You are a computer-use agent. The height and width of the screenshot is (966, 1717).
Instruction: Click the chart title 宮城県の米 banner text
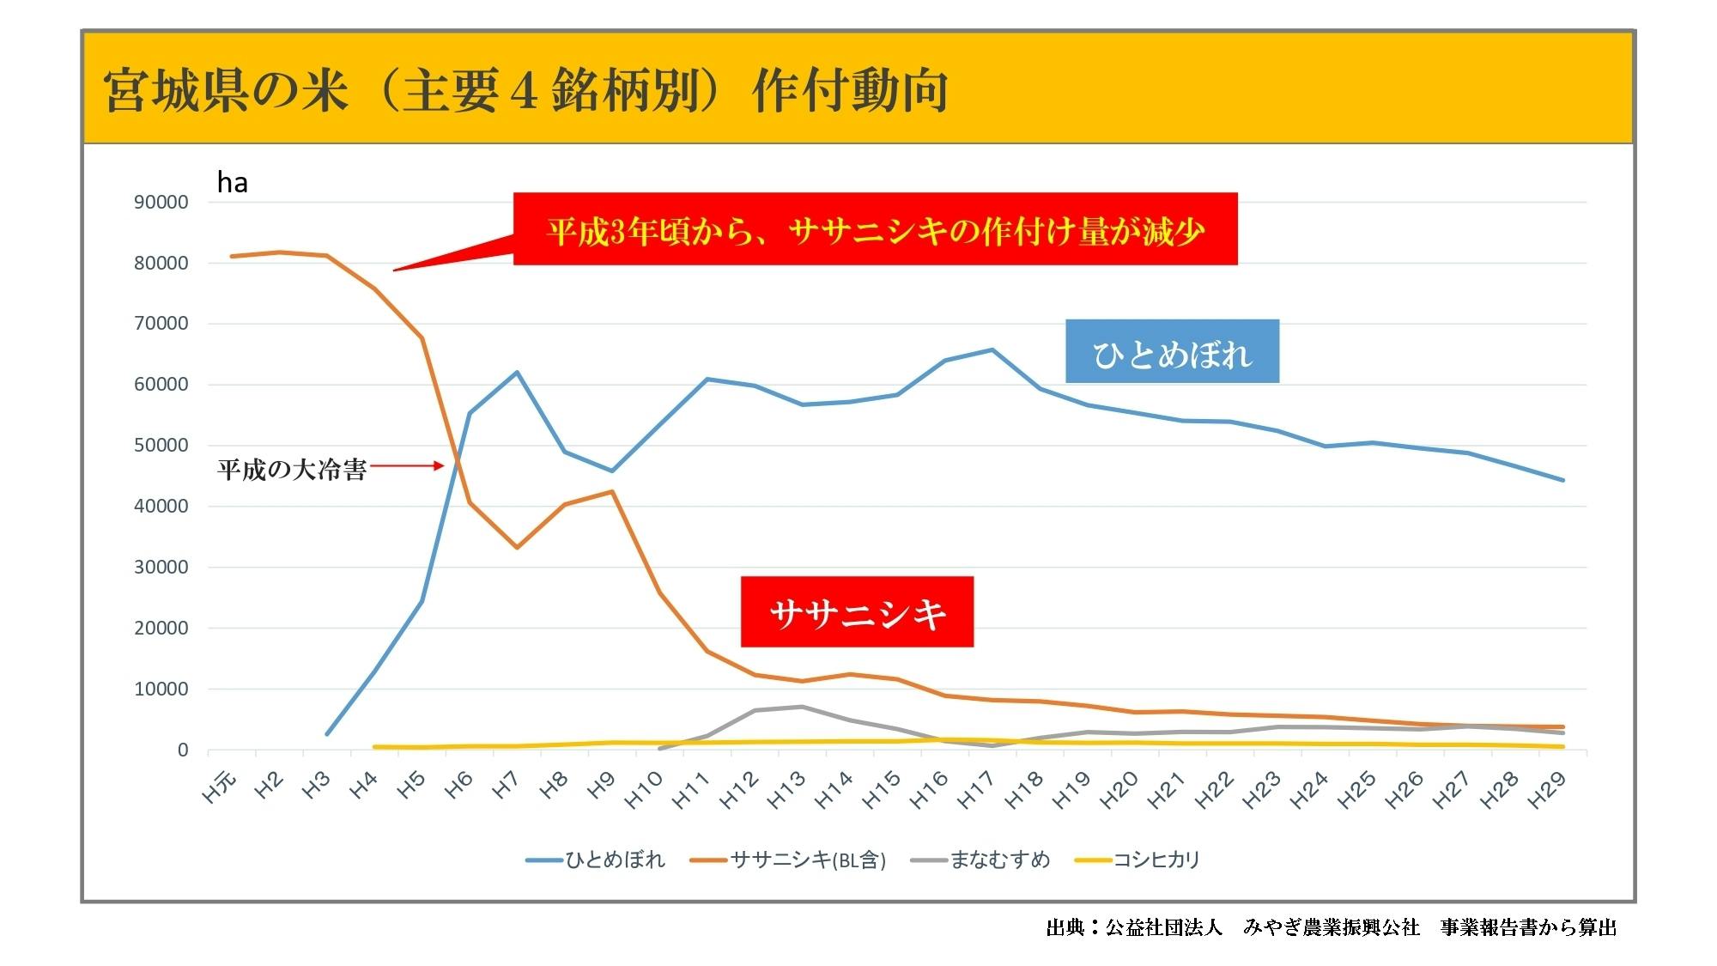tap(525, 90)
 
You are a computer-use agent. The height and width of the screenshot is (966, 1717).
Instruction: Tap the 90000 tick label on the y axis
tap(161, 203)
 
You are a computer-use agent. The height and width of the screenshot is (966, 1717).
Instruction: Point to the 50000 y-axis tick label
tap(161, 446)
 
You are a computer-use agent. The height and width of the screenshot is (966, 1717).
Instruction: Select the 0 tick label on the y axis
tap(182, 750)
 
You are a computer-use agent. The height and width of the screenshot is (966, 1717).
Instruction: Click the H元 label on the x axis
tap(220, 787)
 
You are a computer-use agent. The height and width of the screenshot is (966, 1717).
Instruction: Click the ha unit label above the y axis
tap(232, 182)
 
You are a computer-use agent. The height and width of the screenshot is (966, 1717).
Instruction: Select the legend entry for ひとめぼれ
tap(596, 860)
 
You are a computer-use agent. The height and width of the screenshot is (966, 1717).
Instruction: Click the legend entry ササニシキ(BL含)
tap(788, 860)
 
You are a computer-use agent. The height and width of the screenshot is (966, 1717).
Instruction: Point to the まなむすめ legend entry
tap(981, 860)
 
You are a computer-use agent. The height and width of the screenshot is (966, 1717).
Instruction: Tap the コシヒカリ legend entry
tap(1138, 860)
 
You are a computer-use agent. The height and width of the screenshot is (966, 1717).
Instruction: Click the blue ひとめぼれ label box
tap(1172, 351)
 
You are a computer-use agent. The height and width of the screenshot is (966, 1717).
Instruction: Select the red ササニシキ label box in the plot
tap(857, 612)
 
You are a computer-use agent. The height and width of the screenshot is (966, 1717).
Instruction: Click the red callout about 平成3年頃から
tap(875, 229)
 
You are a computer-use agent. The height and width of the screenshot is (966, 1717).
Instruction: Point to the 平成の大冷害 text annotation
tap(292, 470)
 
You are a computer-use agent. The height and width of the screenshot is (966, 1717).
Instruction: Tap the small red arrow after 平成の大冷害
tap(408, 466)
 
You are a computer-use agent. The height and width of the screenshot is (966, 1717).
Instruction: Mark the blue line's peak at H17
tap(992, 349)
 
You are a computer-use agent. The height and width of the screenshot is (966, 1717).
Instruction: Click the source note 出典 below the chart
tap(1331, 927)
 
